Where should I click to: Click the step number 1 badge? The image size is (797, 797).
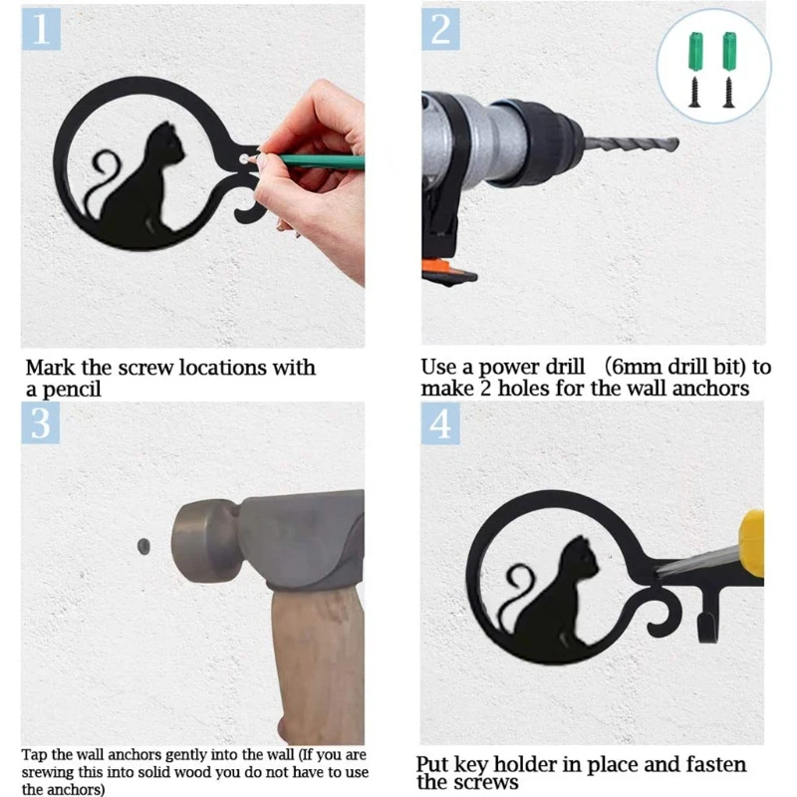coord(41,29)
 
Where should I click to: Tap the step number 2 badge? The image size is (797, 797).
coord(440,29)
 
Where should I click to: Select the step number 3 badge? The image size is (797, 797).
coord(41,422)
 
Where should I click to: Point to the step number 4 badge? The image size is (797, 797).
coord(440,422)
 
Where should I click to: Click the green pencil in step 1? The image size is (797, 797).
coord(320,161)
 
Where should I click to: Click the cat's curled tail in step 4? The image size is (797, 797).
coord(518,590)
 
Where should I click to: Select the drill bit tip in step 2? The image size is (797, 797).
coord(677,144)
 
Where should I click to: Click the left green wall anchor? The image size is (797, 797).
coord(695,52)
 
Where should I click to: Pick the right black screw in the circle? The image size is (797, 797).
coord(729,92)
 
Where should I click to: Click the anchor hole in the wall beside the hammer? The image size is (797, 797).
coord(143,546)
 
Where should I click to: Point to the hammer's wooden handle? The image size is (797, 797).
coord(319,665)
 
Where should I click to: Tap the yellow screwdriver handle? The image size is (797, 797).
coord(752,544)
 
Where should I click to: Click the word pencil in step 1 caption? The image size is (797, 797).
coord(72,390)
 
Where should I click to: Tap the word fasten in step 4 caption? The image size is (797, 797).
coord(715,764)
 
